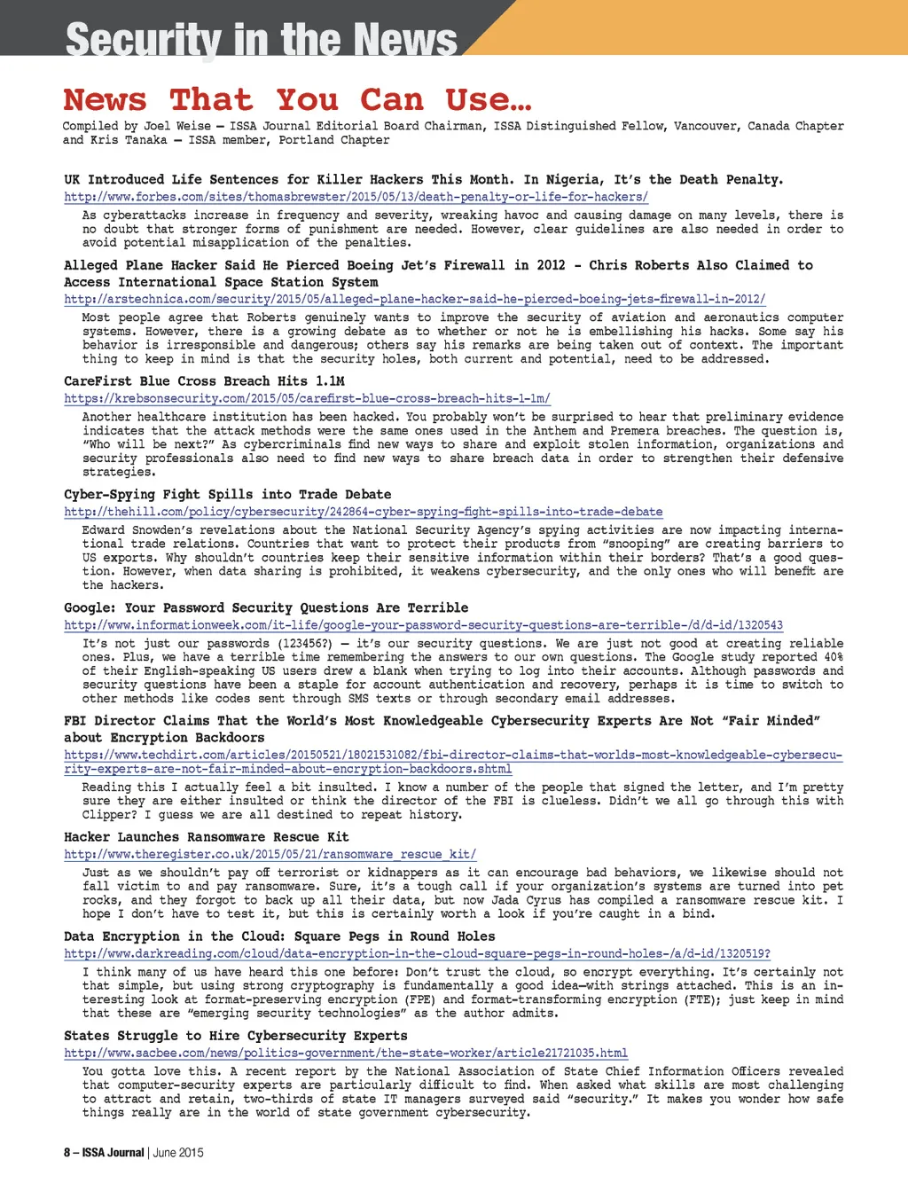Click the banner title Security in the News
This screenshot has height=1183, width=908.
[x=262, y=39]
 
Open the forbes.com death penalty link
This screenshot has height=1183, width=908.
[x=356, y=197]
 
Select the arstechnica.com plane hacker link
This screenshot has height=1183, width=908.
[x=414, y=300]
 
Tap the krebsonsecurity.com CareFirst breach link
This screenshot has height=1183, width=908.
[x=307, y=399]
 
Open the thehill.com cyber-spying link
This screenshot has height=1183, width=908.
[x=363, y=512]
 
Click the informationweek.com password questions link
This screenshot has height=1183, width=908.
[x=423, y=625]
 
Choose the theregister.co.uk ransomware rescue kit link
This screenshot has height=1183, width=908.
[x=270, y=854]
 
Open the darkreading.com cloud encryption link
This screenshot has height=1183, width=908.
[x=417, y=953]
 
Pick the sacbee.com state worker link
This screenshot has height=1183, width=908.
[x=346, y=1053]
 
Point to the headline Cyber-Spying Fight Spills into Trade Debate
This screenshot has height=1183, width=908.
[x=227, y=495]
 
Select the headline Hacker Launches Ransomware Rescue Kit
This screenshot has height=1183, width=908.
[x=206, y=837]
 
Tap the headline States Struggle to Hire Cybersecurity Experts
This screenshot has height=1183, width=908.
[x=235, y=1036]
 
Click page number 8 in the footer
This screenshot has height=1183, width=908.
[x=67, y=1152]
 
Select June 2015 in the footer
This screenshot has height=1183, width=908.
[x=178, y=1152]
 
